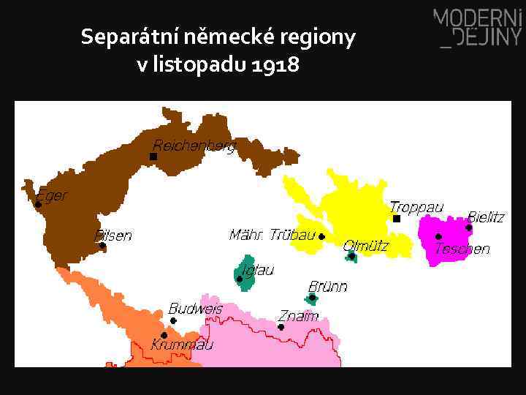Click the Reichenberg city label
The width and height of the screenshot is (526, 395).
click(x=194, y=146)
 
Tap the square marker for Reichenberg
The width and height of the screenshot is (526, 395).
click(x=153, y=157)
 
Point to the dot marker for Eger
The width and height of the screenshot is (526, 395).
click(x=38, y=205)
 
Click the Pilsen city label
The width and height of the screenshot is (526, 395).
click(x=113, y=236)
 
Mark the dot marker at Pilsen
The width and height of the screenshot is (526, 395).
click(x=102, y=246)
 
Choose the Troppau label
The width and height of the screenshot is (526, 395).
click(x=416, y=208)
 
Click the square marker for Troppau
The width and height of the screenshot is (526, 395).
click(x=397, y=218)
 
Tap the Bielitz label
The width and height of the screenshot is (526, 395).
click(x=486, y=217)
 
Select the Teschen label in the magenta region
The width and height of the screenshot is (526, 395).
click(x=462, y=249)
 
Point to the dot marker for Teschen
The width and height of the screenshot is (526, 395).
click(x=438, y=237)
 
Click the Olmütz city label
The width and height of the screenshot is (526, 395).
click(x=366, y=246)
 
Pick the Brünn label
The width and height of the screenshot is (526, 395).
click(x=327, y=286)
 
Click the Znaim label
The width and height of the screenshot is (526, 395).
click(x=298, y=316)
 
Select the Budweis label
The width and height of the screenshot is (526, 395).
click(x=195, y=309)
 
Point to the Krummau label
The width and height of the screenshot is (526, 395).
click(x=182, y=344)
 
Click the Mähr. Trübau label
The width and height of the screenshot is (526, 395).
click(x=272, y=235)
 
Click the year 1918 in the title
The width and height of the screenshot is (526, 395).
click(x=275, y=65)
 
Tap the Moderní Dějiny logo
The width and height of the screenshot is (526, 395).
click(x=478, y=28)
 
